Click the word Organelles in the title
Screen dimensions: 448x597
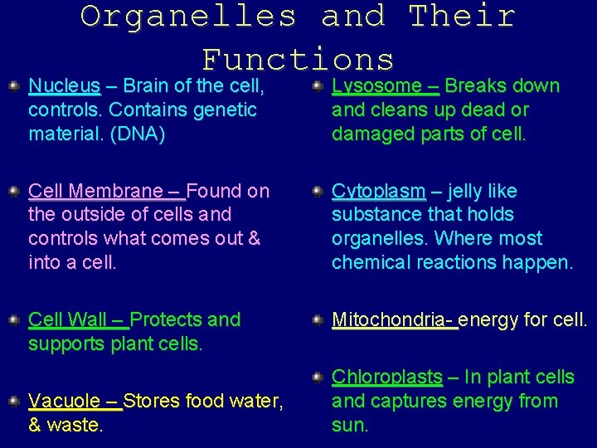click(x=188, y=16)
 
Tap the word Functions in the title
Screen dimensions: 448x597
click(x=298, y=59)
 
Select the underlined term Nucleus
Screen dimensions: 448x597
click(x=65, y=86)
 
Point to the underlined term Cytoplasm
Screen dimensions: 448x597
click(x=378, y=192)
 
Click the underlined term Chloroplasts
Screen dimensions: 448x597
click(x=386, y=377)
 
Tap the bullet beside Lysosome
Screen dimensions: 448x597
click(x=318, y=85)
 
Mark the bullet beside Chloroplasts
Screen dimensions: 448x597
click(x=318, y=377)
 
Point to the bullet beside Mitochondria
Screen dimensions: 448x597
click(x=318, y=319)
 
